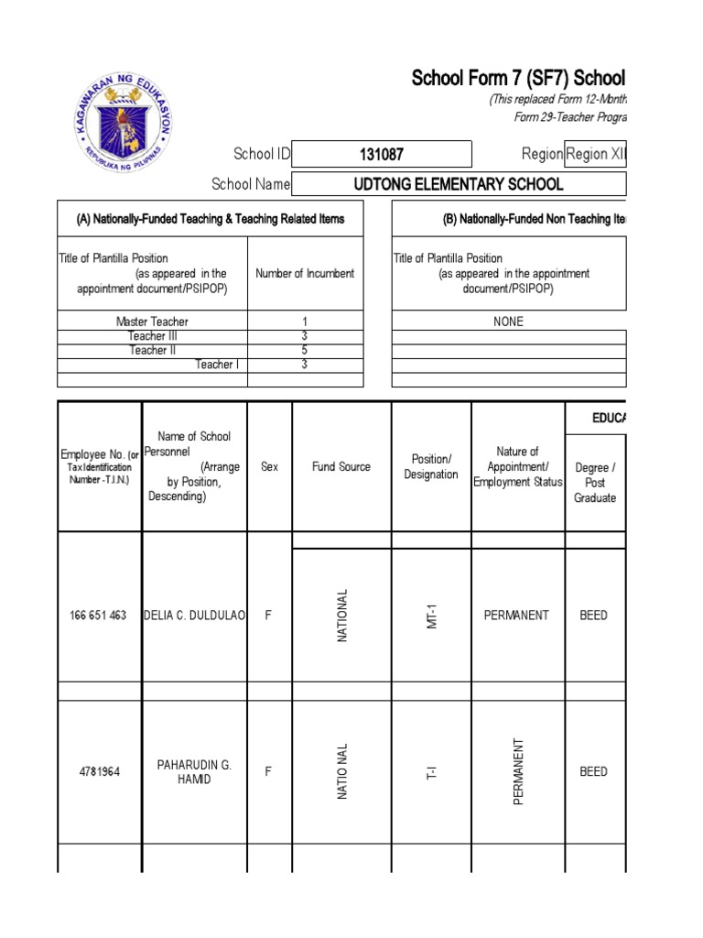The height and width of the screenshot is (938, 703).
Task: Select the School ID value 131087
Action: (382, 154)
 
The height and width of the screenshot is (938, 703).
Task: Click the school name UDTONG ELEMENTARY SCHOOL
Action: (458, 184)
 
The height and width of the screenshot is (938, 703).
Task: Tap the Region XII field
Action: (595, 154)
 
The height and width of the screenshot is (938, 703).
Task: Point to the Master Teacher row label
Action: (152, 322)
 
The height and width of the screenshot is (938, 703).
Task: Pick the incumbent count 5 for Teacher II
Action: (304, 350)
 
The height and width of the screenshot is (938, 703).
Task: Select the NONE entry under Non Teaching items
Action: (508, 322)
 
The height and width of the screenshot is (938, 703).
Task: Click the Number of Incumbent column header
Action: (305, 273)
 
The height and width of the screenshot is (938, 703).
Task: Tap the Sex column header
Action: (269, 466)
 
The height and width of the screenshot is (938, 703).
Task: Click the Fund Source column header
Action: (341, 466)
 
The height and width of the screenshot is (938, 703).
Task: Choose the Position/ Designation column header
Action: (431, 466)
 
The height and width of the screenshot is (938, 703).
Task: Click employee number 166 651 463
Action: (98, 616)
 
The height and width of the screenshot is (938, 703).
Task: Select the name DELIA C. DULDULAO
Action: (195, 616)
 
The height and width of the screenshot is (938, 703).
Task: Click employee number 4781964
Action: (98, 771)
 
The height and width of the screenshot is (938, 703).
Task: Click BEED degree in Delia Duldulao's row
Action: (593, 616)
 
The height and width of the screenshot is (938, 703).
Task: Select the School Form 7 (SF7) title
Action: (518, 78)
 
